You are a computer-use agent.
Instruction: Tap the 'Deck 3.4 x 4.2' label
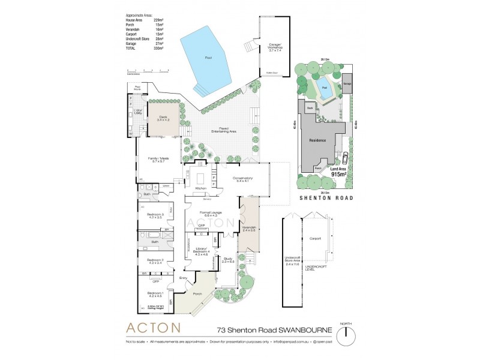pos(160,119)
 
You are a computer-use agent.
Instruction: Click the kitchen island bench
pos(201,178)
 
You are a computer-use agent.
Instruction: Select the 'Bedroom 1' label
pos(155,294)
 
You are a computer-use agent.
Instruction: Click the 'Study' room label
pos(227,260)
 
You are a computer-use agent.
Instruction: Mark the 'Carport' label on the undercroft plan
pos(315,238)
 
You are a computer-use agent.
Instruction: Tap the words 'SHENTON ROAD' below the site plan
pos(325,197)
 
